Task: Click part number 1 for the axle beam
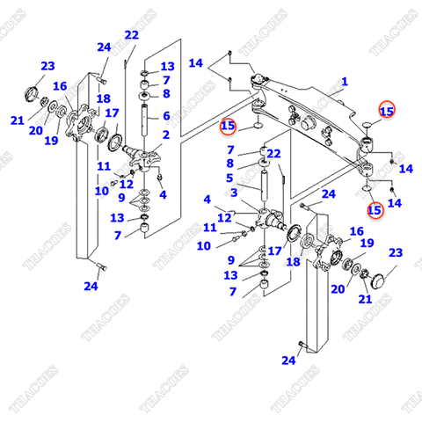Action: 344,82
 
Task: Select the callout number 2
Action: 165,135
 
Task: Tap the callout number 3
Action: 235,192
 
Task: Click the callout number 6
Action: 165,115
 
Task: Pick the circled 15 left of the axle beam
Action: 229,127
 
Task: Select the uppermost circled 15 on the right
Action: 387,111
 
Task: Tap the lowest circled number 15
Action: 375,210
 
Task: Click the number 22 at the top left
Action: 132,35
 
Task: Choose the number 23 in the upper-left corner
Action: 47,66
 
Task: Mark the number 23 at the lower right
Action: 395,253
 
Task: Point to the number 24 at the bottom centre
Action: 289,360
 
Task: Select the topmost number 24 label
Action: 105,47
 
